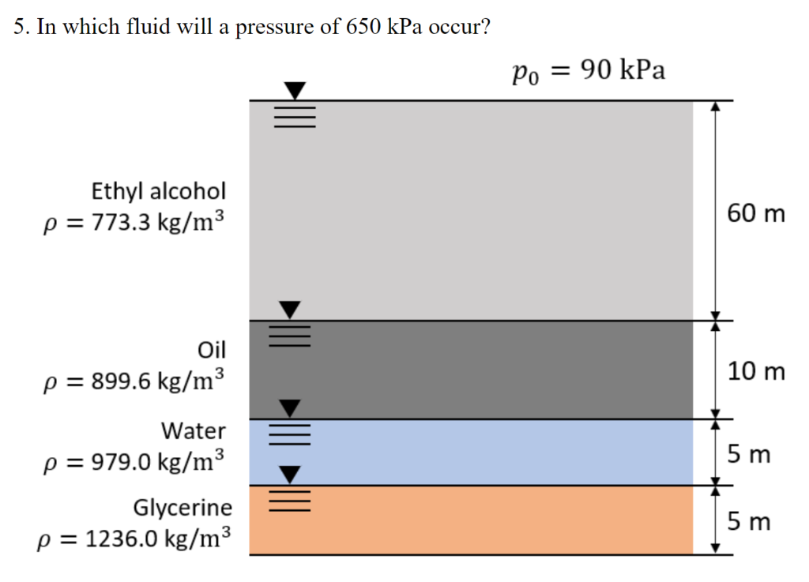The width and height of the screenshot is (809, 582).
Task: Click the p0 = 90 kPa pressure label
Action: (588, 72)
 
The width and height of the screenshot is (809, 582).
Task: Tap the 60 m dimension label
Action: (757, 213)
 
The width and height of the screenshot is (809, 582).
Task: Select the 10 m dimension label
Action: (757, 371)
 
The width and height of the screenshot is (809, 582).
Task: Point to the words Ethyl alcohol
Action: (158, 191)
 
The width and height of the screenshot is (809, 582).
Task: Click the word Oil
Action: (212, 349)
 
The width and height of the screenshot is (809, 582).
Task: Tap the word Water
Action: (194, 431)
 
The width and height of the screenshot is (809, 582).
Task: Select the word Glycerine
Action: (182, 507)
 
